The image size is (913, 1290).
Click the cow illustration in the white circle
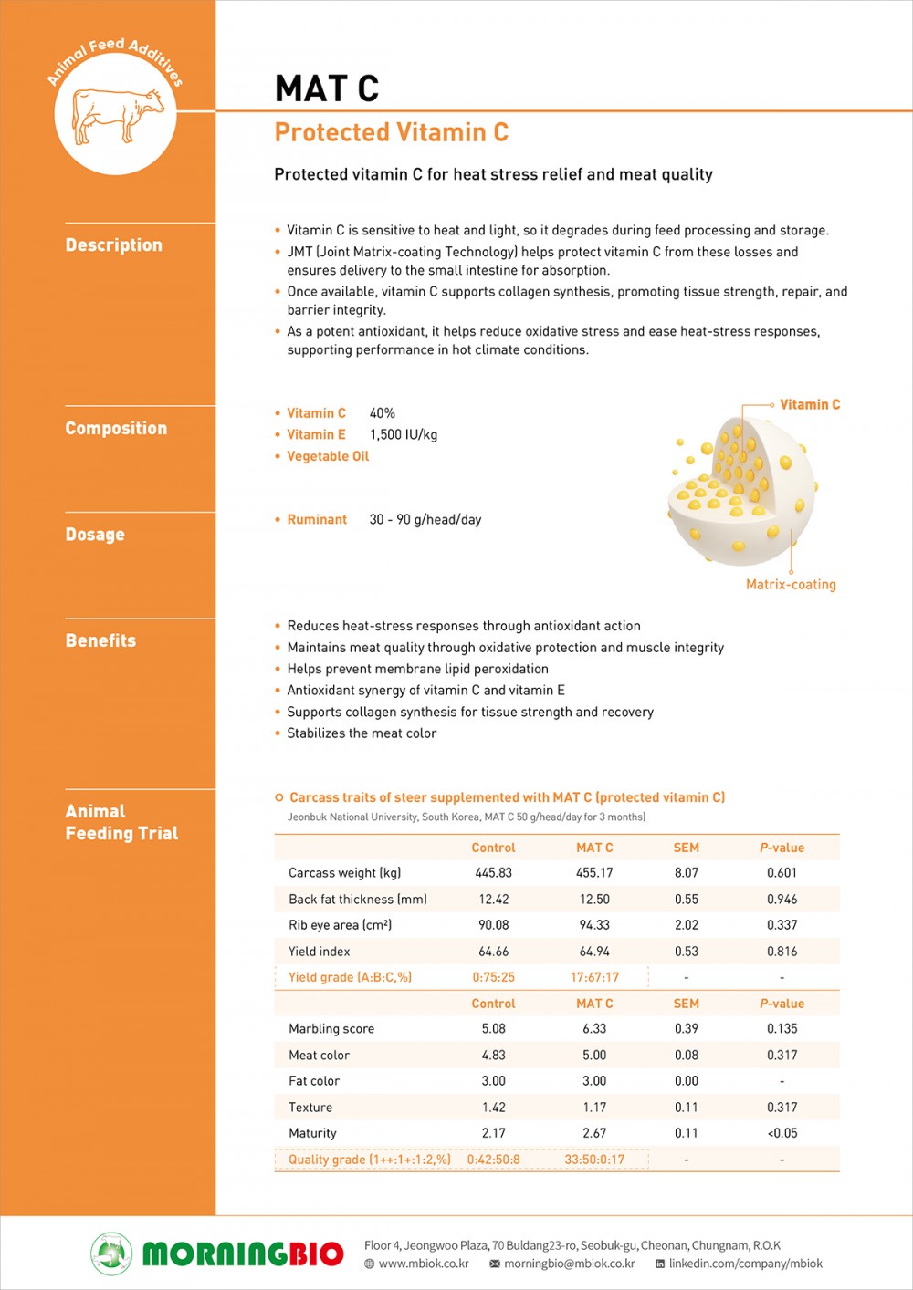(117, 115)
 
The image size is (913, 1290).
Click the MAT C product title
(327, 88)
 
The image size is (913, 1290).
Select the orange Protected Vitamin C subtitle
(392, 133)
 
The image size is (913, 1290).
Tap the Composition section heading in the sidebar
(116, 429)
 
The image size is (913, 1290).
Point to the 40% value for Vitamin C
(383, 413)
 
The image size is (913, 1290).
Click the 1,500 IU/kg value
(404, 435)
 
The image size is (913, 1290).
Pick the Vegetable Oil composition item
(328, 456)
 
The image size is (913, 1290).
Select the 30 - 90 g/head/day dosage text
(425, 520)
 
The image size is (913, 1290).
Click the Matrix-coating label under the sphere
(791, 585)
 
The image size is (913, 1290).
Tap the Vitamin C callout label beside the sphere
(810, 404)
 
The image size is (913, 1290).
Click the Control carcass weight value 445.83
(494, 873)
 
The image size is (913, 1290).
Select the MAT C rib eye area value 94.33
(594, 925)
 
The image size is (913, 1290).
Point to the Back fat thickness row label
(358, 900)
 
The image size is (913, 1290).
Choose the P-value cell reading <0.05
(782, 1133)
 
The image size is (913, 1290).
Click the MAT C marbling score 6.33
(594, 1029)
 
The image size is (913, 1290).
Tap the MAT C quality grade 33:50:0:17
(594, 1160)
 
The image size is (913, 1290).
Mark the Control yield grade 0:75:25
(494, 977)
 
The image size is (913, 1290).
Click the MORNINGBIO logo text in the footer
(243, 1254)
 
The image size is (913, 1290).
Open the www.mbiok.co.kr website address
(424, 1264)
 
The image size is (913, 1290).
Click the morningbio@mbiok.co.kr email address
(569, 1264)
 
